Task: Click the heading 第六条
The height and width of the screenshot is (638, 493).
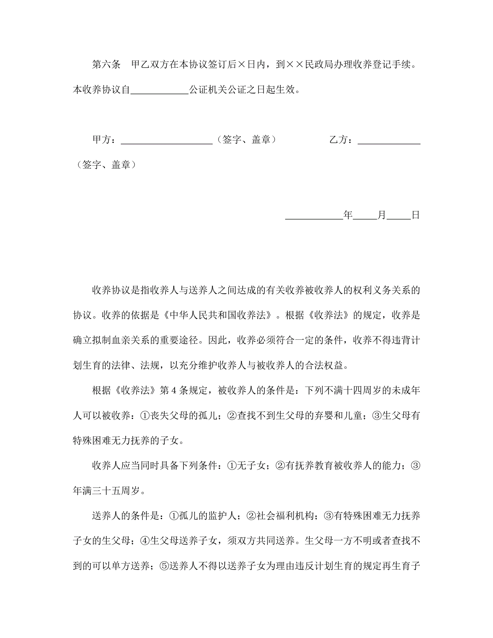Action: (106, 64)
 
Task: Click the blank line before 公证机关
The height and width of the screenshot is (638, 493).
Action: (160, 90)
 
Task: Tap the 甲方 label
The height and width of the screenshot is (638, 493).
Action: (102, 140)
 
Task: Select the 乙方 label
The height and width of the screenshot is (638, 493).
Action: (339, 140)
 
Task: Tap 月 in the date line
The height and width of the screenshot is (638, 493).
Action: (382, 215)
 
